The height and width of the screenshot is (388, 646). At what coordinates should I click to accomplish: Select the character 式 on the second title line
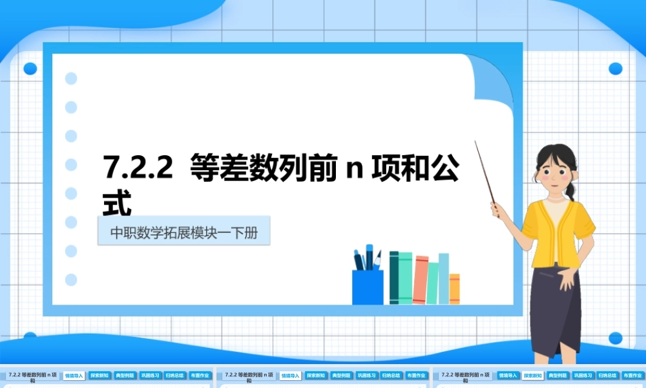pyautogui.click(x=118, y=202)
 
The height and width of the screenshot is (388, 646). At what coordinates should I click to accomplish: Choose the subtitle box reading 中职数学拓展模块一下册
pyautogui.click(x=183, y=232)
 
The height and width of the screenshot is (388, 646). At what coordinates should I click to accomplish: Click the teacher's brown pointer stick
pyautogui.click(x=485, y=172)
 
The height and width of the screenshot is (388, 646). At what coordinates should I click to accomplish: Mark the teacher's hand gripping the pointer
pyautogui.click(x=497, y=209)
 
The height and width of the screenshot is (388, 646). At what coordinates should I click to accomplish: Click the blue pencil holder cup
pyautogui.click(x=368, y=287)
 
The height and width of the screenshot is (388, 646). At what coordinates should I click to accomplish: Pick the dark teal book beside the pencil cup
pyautogui.click(x=393, y=277)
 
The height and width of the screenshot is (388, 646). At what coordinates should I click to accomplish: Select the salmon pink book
pyautogui.click(x=420, y=279)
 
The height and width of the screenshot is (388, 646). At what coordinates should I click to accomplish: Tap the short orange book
pyautogui.click(x=454, y=288)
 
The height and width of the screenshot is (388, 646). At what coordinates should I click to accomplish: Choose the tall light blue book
pyautogui.click(x=443, y=278)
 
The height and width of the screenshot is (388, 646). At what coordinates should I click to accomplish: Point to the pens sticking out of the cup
pyautogui.click(x=367, y=257)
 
